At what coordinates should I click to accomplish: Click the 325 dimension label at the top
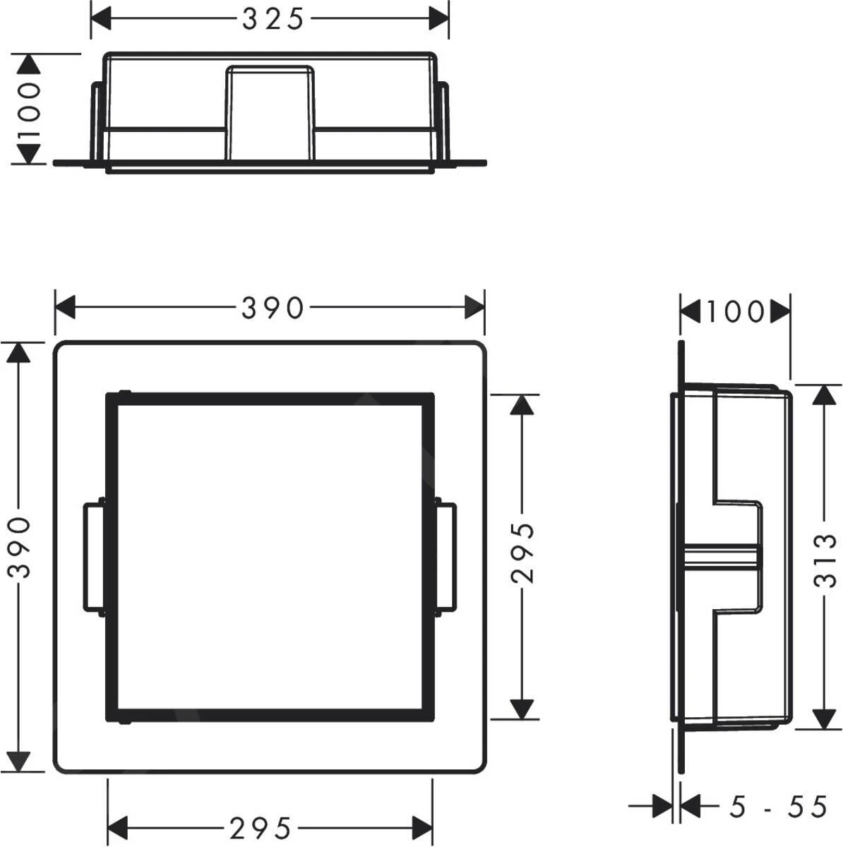point(272,19)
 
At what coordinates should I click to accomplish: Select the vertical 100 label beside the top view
point(28,110)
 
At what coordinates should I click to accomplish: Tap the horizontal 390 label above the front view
point(272,308)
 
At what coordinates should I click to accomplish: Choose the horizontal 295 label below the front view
point(261,825)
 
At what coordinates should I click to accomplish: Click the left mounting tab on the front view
point(93,556)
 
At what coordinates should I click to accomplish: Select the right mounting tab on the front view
point(446,556)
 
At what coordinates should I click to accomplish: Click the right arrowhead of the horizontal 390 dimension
point(474,308)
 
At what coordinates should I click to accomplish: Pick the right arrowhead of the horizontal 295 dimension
point(421,824)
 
